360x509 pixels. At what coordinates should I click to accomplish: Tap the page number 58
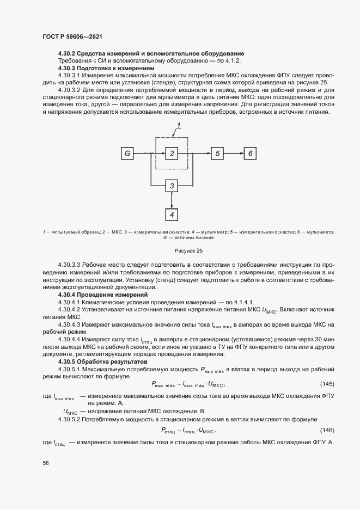[x=46, y=463]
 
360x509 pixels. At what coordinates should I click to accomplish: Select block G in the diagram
[x=127, y=154]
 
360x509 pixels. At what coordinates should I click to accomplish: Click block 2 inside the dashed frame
[x=172, y=154]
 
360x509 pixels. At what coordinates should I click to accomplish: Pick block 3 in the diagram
[x=172, y=187]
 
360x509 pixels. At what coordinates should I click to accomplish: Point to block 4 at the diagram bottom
[x=172, y=215]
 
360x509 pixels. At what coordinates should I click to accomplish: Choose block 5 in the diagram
[x=217, y=154]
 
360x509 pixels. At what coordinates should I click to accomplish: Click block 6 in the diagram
[x=250, y=154]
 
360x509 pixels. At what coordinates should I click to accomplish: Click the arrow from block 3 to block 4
[x=172, y=201]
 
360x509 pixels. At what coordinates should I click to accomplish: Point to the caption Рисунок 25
[x=188, y=251]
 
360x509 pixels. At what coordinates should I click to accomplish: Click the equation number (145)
[x=326, y=384]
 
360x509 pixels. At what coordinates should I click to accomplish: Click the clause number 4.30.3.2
[x=69, y=89]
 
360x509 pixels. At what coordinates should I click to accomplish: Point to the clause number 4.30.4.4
[x=69, y=340]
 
